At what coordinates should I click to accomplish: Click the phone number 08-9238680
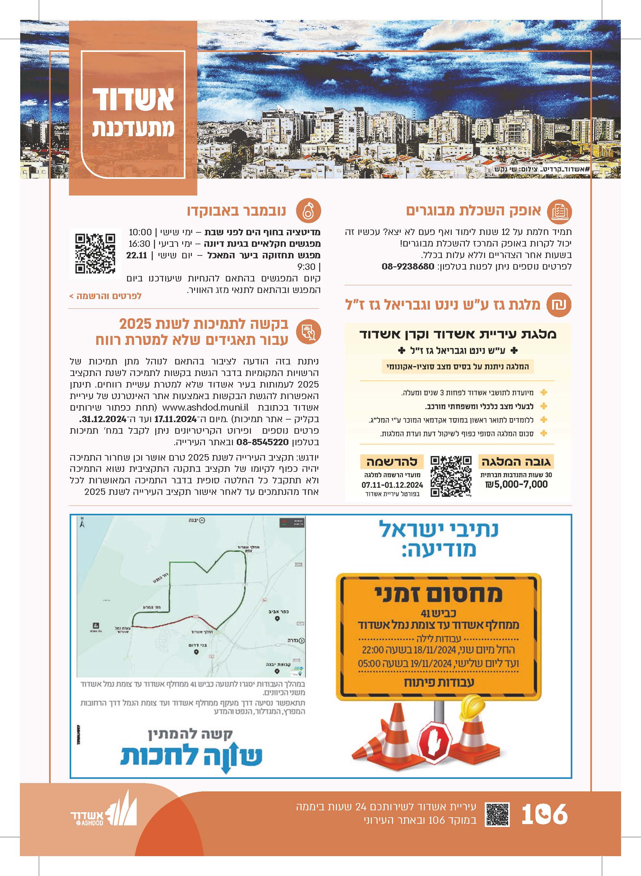click(x=408, y=266)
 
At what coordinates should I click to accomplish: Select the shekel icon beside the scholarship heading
click(x=559, y=304)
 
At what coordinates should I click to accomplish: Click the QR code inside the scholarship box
click(x=451, y=476)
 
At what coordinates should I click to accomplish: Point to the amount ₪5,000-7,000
click(x=517, y=485)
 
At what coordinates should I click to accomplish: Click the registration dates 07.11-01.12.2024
click(x=392, y=485)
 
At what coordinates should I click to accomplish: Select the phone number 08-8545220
click(x=262, y=442)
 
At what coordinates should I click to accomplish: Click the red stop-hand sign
click(x=436, y=743)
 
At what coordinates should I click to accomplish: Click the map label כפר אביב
click(x=278, y=612)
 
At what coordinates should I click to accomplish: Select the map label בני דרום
click(x=198, y=645)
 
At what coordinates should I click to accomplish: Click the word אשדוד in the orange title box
click(x=133, y=100)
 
